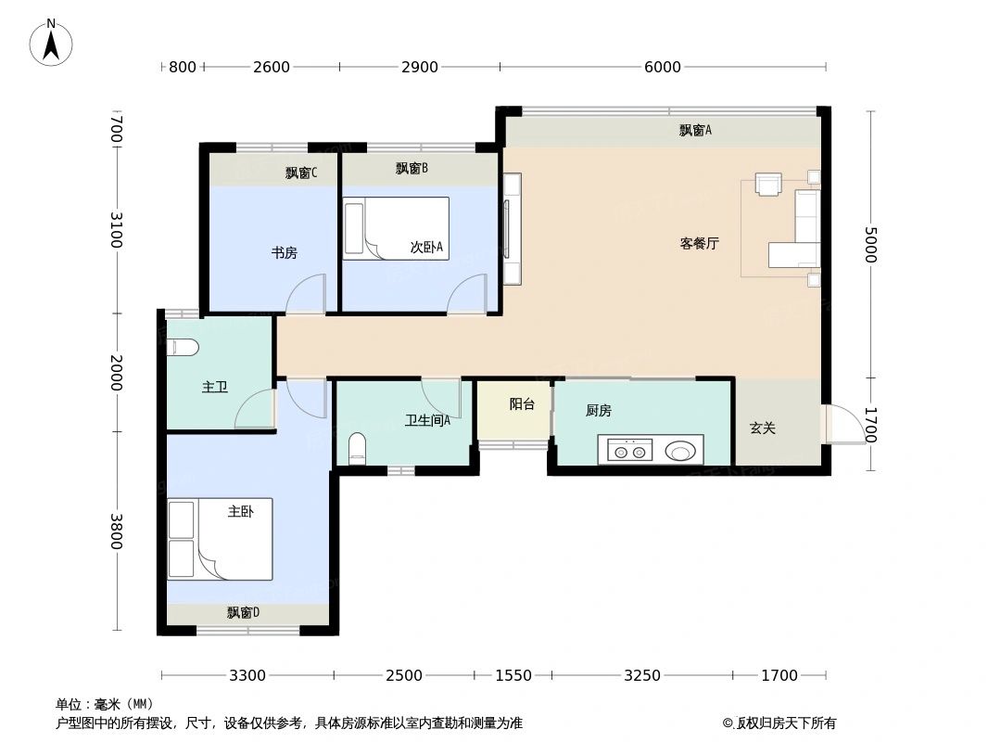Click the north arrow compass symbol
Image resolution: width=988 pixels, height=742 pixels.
(x=52, y=43)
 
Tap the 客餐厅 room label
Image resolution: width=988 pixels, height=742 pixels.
(x=700, y=244)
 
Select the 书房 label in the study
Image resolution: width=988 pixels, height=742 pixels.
(x=284, y=252)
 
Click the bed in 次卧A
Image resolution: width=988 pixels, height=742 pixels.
(x=396, y=228)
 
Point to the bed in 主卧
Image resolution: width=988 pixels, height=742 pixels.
(x=221, y=539)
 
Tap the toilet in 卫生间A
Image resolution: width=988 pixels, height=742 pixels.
(x=358, y=449)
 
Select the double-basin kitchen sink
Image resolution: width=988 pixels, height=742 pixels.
(x=628, y=452)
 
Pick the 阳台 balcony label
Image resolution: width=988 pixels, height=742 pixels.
(x=522, y=404)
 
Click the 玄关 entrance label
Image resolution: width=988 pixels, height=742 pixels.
(x=762, y=428)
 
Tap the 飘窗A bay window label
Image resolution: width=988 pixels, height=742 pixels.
(x=695, y=130)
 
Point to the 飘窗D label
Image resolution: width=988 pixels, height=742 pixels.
(x=243, y=613)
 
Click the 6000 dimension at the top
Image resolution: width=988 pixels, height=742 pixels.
(x=662, y=67)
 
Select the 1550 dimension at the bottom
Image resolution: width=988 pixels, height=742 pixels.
(x=513, y=675)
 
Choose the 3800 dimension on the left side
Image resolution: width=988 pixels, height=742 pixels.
(x=116, y=531)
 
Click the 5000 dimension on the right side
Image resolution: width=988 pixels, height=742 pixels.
(x=869, y=244)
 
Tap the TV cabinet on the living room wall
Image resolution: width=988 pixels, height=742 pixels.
(x=512, y=228)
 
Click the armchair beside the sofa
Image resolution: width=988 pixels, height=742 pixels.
(x=769, y=184)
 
